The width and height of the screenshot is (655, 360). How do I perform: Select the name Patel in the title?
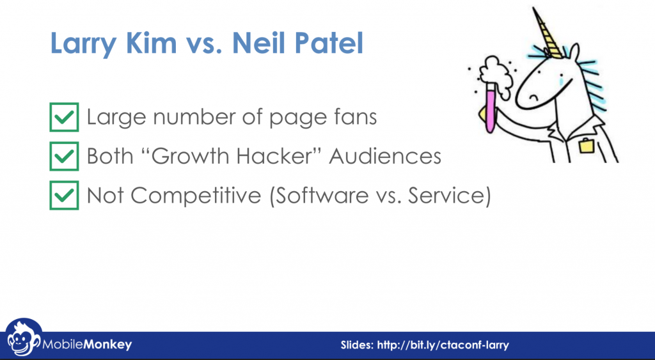tap(329, 43)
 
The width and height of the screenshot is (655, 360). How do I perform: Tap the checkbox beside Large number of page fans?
tap(64, 117)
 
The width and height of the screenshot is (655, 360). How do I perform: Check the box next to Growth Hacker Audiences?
tap(64, 156)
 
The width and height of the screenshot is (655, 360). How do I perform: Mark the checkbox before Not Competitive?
tap(64, 195)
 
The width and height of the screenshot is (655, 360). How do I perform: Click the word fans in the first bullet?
tap(355, 116)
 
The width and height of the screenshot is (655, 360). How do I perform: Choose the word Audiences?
tap(385, 156)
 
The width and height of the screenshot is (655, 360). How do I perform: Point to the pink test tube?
tap(491, 108)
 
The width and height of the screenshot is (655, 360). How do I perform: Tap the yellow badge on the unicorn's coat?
tap(587, 145)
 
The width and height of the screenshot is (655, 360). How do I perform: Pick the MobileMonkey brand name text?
tap(87, 345)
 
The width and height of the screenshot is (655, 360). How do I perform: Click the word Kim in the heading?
tap(151, 43)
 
